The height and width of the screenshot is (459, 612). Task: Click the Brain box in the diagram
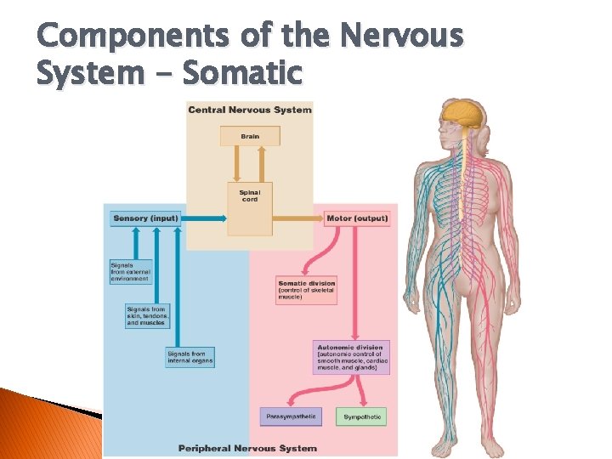coord(250,136)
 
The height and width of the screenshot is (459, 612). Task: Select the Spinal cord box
coord(250,195)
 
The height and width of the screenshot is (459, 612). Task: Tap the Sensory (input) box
coord(145,218)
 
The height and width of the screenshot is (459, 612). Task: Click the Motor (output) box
coord(357,218)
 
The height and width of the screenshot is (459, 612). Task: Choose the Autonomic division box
coord(353,357)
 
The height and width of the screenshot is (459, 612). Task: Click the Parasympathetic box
coord(291,416)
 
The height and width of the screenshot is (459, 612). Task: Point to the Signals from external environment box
coord(130,272)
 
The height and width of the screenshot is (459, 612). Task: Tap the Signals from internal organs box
coord(190,357)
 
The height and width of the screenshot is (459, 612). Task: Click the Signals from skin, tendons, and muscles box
coord(147,316)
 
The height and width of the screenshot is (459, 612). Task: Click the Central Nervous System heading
coord(250,110)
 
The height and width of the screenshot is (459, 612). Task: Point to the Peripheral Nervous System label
coord(247,448)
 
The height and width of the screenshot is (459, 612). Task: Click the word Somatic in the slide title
coord(242,73)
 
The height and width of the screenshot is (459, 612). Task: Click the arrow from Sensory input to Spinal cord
coord(204,218)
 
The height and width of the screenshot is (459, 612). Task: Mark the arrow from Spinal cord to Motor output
coord(297,218)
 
